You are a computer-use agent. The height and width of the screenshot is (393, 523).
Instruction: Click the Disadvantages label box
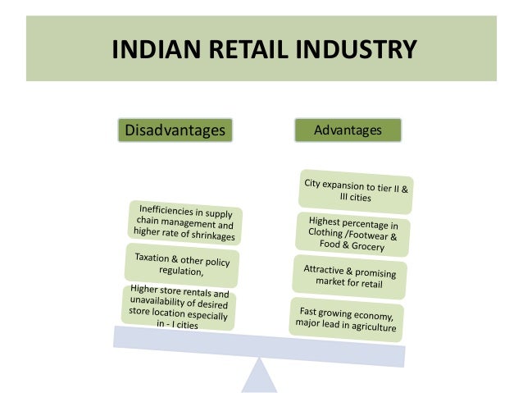[174, 130]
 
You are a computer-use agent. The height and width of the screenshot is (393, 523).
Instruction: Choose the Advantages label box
[348, 130]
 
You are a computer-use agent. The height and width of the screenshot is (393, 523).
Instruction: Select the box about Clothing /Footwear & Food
[353, 233]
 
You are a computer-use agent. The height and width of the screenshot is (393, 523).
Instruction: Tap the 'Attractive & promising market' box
[349, 276]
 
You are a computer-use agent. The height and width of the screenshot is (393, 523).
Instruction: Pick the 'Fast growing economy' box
[346, 318]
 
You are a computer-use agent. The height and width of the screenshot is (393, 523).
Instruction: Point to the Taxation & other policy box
[182, 263]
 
